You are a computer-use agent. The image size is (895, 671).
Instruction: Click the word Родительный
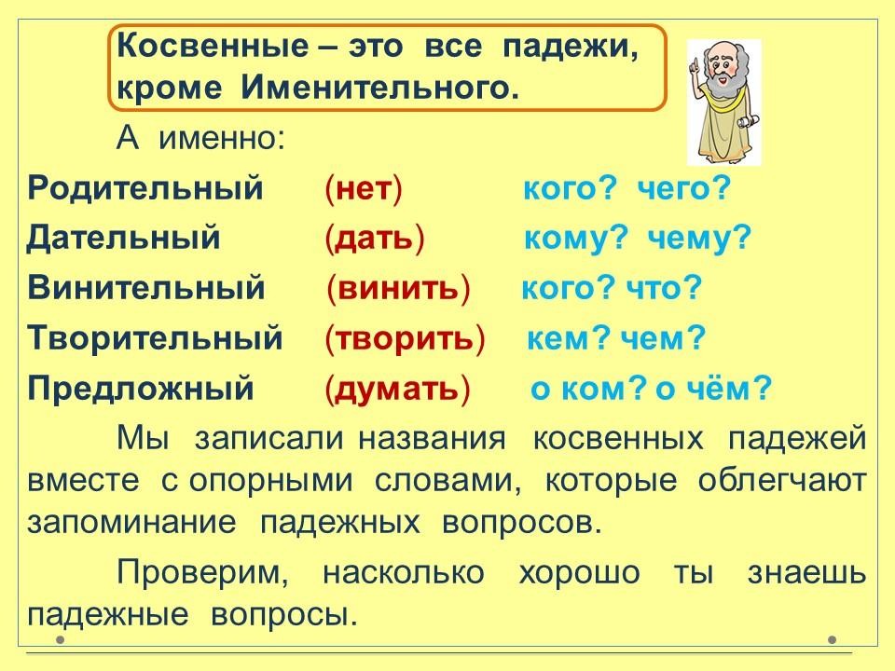point(145,187)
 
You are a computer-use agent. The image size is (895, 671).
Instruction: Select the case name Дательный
point(123,238)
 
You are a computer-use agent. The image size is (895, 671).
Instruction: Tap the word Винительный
point(146,287)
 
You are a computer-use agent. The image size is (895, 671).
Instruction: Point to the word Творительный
point(156,337)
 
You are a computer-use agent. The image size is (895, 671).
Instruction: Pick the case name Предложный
point(141,389)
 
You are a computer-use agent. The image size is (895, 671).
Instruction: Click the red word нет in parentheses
point(364,189)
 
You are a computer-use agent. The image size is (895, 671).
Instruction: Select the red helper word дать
point(374,239)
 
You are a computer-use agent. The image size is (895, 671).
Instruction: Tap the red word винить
point(398,288)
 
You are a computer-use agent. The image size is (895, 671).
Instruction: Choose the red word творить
point(405,338)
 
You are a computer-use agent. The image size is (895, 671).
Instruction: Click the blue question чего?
point(683,189)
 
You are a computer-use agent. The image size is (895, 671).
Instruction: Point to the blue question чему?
point(699,239)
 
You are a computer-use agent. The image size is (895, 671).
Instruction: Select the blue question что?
point(664,288)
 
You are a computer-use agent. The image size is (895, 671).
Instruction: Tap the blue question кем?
point(569,338)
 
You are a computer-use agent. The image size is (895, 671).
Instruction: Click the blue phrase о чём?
point(713,389)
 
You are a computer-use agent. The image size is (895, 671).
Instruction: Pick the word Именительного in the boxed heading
point(379,88)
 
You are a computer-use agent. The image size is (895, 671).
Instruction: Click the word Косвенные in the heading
point(212,47)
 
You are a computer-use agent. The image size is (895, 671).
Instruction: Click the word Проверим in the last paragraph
point(202,573)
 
